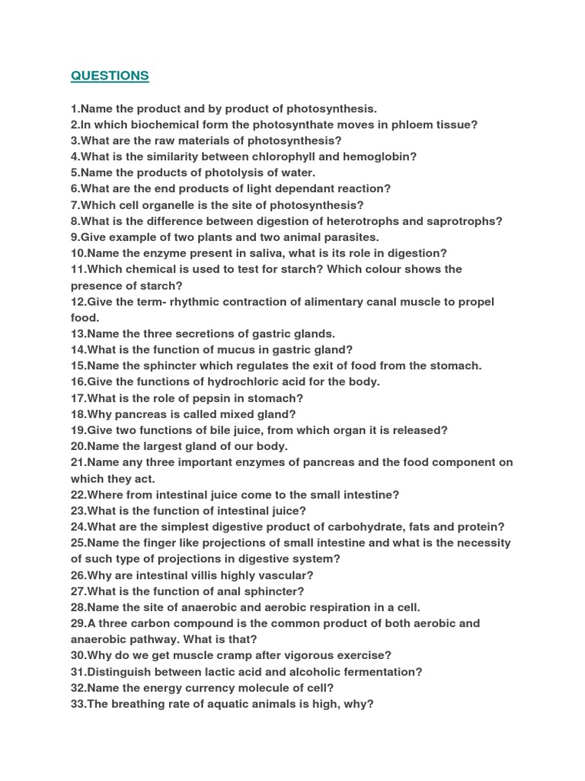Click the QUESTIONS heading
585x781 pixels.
tap(110, 76)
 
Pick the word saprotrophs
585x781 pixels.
tap(464, 221)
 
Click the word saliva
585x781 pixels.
tap(263, 253)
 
